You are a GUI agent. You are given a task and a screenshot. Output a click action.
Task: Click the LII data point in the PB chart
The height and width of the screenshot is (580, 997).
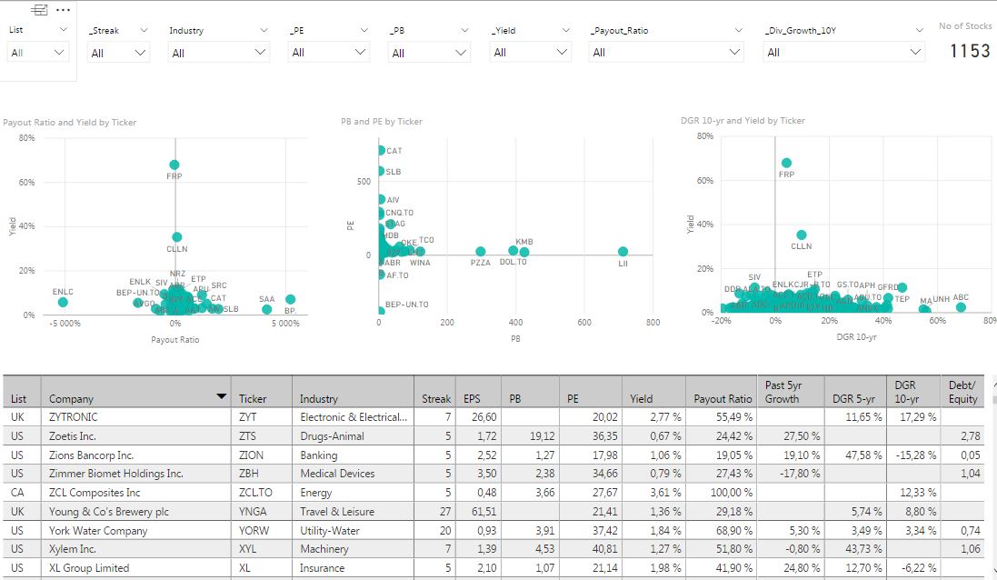tap(623, 252)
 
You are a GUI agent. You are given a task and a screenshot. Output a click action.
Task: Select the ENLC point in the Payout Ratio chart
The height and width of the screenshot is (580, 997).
tap(63, 302)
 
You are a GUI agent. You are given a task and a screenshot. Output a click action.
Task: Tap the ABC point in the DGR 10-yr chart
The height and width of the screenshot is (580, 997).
tap(961, 307)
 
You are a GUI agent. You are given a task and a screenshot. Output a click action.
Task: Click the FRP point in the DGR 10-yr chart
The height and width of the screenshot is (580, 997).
tap(787, 163)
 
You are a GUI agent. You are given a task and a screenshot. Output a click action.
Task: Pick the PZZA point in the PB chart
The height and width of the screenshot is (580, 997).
tap(481, 252)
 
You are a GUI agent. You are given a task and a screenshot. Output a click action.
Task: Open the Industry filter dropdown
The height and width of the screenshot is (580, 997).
tap(219, 53)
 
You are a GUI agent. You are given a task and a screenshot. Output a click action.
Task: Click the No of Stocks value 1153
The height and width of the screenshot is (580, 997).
tap(970, 51)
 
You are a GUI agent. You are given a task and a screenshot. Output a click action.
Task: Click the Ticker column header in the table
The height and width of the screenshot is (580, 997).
tap(253, 398)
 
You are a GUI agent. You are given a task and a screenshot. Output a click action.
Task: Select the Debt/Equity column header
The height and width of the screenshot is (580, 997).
tap(962, 392)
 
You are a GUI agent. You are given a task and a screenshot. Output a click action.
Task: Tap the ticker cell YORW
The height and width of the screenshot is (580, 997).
tap(254, 530)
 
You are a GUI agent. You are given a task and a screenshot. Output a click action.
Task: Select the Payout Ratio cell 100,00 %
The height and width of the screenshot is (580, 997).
tap(723, 493)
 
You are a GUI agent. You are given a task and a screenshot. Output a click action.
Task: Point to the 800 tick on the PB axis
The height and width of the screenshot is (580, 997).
tap(653, 323)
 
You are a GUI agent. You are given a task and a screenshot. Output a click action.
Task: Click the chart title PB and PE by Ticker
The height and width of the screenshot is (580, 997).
tap(382, 121)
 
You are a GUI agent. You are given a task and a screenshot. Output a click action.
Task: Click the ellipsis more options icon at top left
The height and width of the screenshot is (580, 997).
tap(63, 9)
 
